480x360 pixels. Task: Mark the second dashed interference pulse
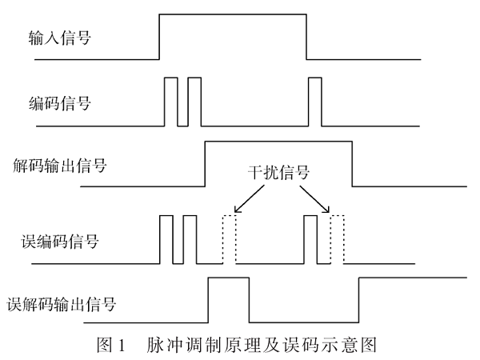pyautogui.click(x=336, y=239)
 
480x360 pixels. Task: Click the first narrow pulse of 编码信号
pyautogui.click(x=170, y=102)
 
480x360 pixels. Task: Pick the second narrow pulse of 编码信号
pyautogui.click(x=194, y=102)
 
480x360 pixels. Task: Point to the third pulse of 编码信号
pyautogui.click(x=315, y=102)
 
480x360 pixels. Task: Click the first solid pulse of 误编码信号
pyautogui.click(x=166, y=239)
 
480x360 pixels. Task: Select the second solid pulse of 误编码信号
pyautogui.click(x=190, y=239)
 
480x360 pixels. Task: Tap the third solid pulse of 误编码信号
pyautogui.click(x=310, y=239)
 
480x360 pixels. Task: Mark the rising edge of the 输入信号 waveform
pyautogui.click(x=159, y=37)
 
